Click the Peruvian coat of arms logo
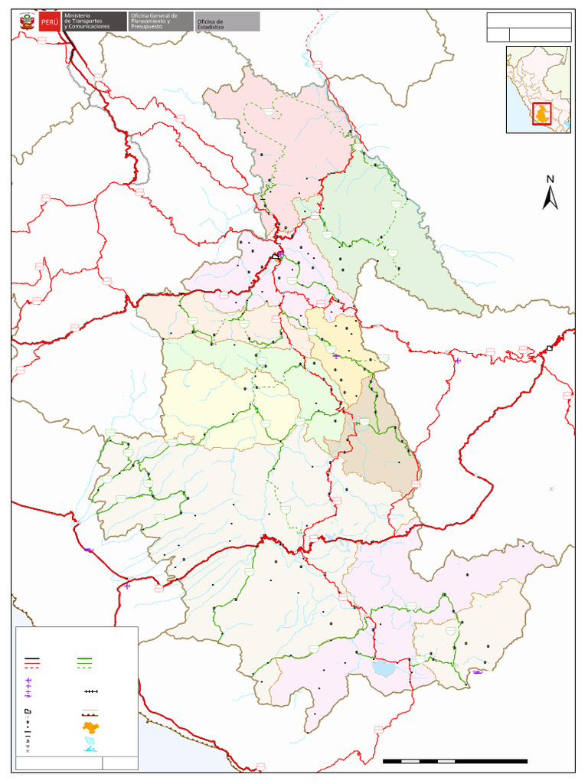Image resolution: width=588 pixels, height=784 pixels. [28, 21]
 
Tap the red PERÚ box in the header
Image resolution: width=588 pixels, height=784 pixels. [49, 21]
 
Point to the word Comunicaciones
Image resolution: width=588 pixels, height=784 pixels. [90, 27]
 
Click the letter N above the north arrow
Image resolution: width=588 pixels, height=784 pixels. [550, 179]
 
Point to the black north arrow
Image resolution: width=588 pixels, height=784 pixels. [550, 198]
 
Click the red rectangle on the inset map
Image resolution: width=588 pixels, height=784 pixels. [542, 113]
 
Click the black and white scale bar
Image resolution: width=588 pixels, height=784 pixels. [455, 761]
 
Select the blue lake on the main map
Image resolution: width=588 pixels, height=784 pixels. [384, 668]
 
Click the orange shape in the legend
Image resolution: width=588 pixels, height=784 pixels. [91, 727]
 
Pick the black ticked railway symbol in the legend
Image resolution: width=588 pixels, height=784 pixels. [91, 692]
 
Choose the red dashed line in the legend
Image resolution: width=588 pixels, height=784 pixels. [32, 666]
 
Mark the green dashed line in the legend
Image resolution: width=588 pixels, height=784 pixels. [84, 666]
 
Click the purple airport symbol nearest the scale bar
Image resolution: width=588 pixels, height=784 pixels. [478, 672]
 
